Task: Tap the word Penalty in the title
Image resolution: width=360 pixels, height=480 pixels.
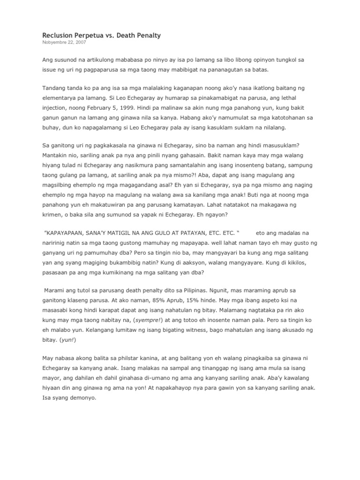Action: (x=146, y=36)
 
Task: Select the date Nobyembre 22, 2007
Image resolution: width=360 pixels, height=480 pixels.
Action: (x=64, y=43)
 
